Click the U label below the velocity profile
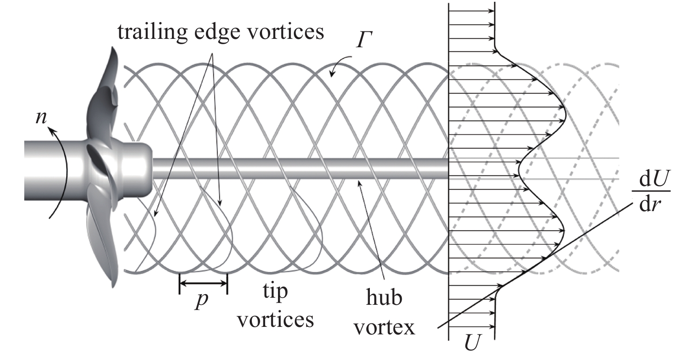point(472,343)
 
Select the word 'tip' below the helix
point(275,292)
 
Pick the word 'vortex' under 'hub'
point(384,327)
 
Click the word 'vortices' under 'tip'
point(275,319)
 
